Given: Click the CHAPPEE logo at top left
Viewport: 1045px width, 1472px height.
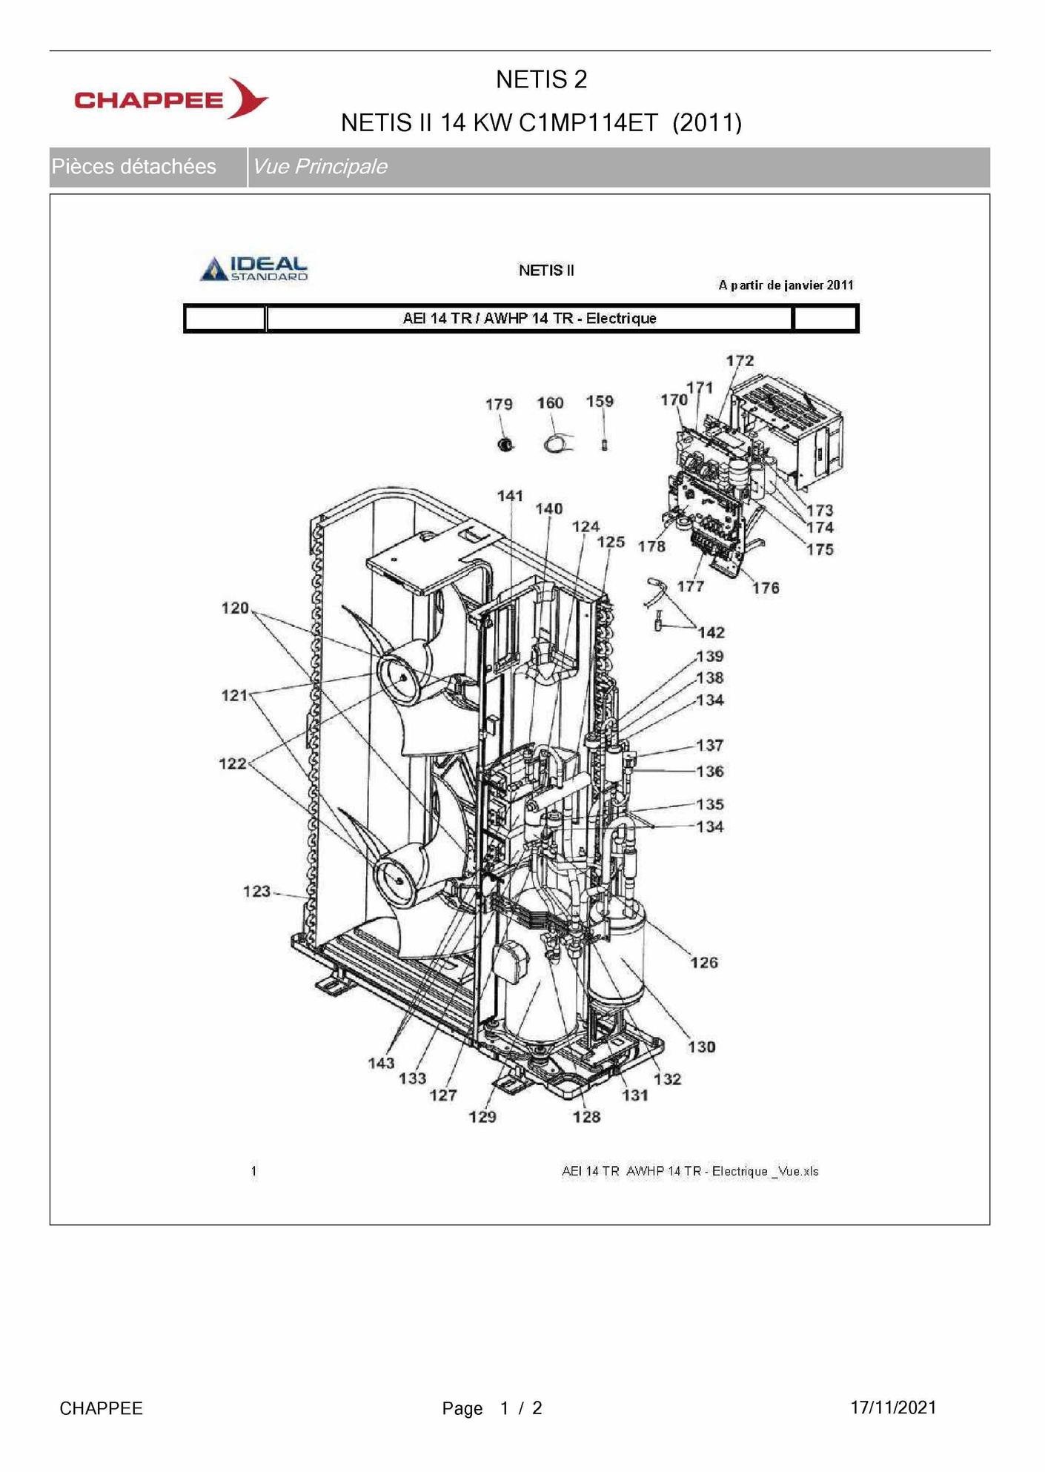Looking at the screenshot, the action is (171, 99).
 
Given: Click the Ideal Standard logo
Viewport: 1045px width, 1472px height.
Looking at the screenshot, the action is (254, 268).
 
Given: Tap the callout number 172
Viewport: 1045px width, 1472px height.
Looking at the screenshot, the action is (740, 360).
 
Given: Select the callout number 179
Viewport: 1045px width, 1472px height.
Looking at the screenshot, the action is (499, 404).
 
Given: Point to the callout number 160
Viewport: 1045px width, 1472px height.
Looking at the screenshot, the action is (550, 402).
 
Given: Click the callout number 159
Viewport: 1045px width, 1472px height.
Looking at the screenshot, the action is (600, 401).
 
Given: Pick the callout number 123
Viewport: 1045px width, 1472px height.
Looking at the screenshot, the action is (256, 891).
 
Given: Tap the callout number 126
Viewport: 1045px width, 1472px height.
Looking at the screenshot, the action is (704, 962).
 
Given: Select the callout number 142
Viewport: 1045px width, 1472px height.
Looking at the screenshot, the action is (711, 632).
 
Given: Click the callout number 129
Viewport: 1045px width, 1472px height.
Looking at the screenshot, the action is (482, 1116).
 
